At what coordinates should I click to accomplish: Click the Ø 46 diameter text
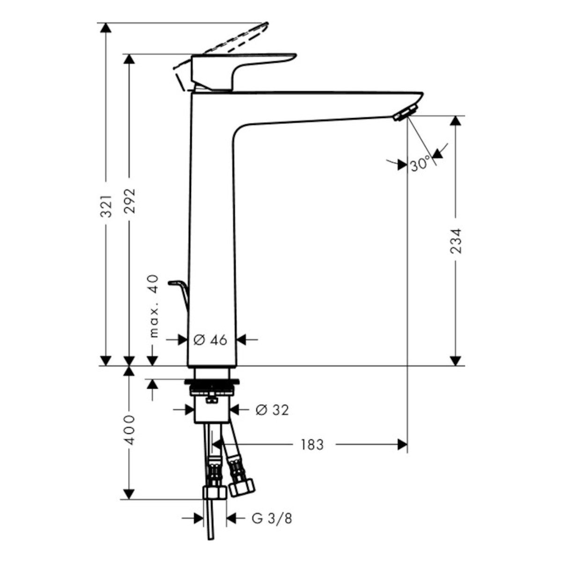[x=210, y=340]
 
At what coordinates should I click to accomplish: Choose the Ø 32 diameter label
[x=272, y=410]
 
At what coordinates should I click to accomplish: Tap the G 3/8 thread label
[x=272, y=510]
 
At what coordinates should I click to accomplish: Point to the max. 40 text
[x=154, y=306]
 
